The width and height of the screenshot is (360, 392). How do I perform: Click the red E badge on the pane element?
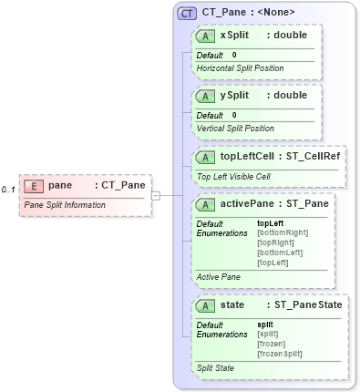pos(33,185)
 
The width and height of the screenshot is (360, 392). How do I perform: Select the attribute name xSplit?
pos(234,36)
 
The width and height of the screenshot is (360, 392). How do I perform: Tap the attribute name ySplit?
pos(234,95)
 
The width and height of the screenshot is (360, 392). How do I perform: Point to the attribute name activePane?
pos(245,204)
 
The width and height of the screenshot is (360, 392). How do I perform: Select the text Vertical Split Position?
pos(235,128)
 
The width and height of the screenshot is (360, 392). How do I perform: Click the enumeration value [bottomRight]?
pos(283,232)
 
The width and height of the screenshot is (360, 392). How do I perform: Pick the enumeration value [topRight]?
pos(275,242)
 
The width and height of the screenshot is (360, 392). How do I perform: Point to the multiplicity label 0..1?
pos(9,190)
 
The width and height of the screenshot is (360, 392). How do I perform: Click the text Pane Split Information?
pos(65,205)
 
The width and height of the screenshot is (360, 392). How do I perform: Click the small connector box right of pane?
pos(156,195)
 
